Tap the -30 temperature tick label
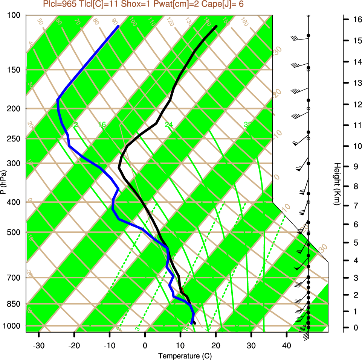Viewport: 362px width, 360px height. click(39, 345)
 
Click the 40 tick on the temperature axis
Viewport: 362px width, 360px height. click(287, 345)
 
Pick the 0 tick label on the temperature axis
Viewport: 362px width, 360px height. click(145, 345)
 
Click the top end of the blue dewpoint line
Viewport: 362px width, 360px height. click(119, 26)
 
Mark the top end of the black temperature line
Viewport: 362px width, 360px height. click(217, 26)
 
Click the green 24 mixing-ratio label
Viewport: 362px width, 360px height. click(168, 125)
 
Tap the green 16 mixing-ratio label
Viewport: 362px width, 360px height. click(102, 125)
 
